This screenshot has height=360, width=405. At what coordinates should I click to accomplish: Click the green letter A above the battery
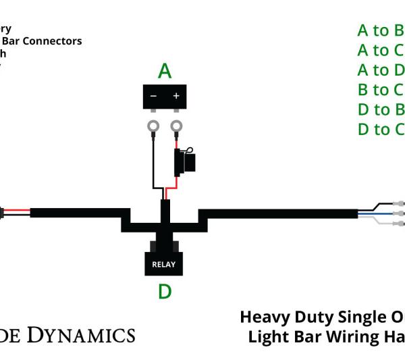(x=165, y=70)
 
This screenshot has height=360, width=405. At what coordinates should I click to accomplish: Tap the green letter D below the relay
(x=165, y=291)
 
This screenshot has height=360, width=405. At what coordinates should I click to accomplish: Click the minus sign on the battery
(x=153, y=96)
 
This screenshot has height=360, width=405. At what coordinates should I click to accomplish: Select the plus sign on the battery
(x=176, y=96)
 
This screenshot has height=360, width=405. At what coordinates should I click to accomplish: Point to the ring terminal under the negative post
(x=153, y=126)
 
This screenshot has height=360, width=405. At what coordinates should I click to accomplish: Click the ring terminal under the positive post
(x=177, y=126)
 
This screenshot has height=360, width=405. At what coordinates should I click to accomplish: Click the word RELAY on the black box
(x=163, y=264)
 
